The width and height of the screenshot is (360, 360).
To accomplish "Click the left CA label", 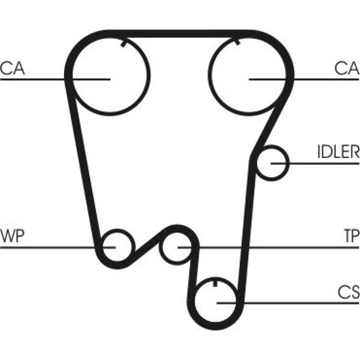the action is click(x=13, y=68).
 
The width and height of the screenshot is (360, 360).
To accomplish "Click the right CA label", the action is click(x=347, y=68).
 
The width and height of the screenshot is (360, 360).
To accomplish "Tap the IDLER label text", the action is click(x=338, y=152).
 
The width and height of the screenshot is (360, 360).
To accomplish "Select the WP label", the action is click(x=13, y=236).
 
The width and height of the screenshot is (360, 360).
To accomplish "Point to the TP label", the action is click(x=352, y=236).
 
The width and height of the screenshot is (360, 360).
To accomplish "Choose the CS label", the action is click(x=348, y=292).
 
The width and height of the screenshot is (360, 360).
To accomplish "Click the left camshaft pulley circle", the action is click(x=148, y=75).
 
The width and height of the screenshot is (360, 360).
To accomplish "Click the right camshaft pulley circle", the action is click(x=209, y=75).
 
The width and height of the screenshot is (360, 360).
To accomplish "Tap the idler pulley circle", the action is click(x=287, y=163).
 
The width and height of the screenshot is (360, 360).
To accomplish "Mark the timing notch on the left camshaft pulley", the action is click(x=123, y=43).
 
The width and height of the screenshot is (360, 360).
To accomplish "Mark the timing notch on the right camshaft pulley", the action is click(x=238, y=42).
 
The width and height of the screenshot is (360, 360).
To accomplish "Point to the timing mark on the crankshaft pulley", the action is click(x=215, y=283).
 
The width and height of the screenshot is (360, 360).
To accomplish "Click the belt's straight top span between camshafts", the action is click(x=179, y=34).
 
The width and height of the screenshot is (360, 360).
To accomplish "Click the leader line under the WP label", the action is click(x=58, y=247).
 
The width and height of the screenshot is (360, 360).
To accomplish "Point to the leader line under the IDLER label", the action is click(x=315, y=164).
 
